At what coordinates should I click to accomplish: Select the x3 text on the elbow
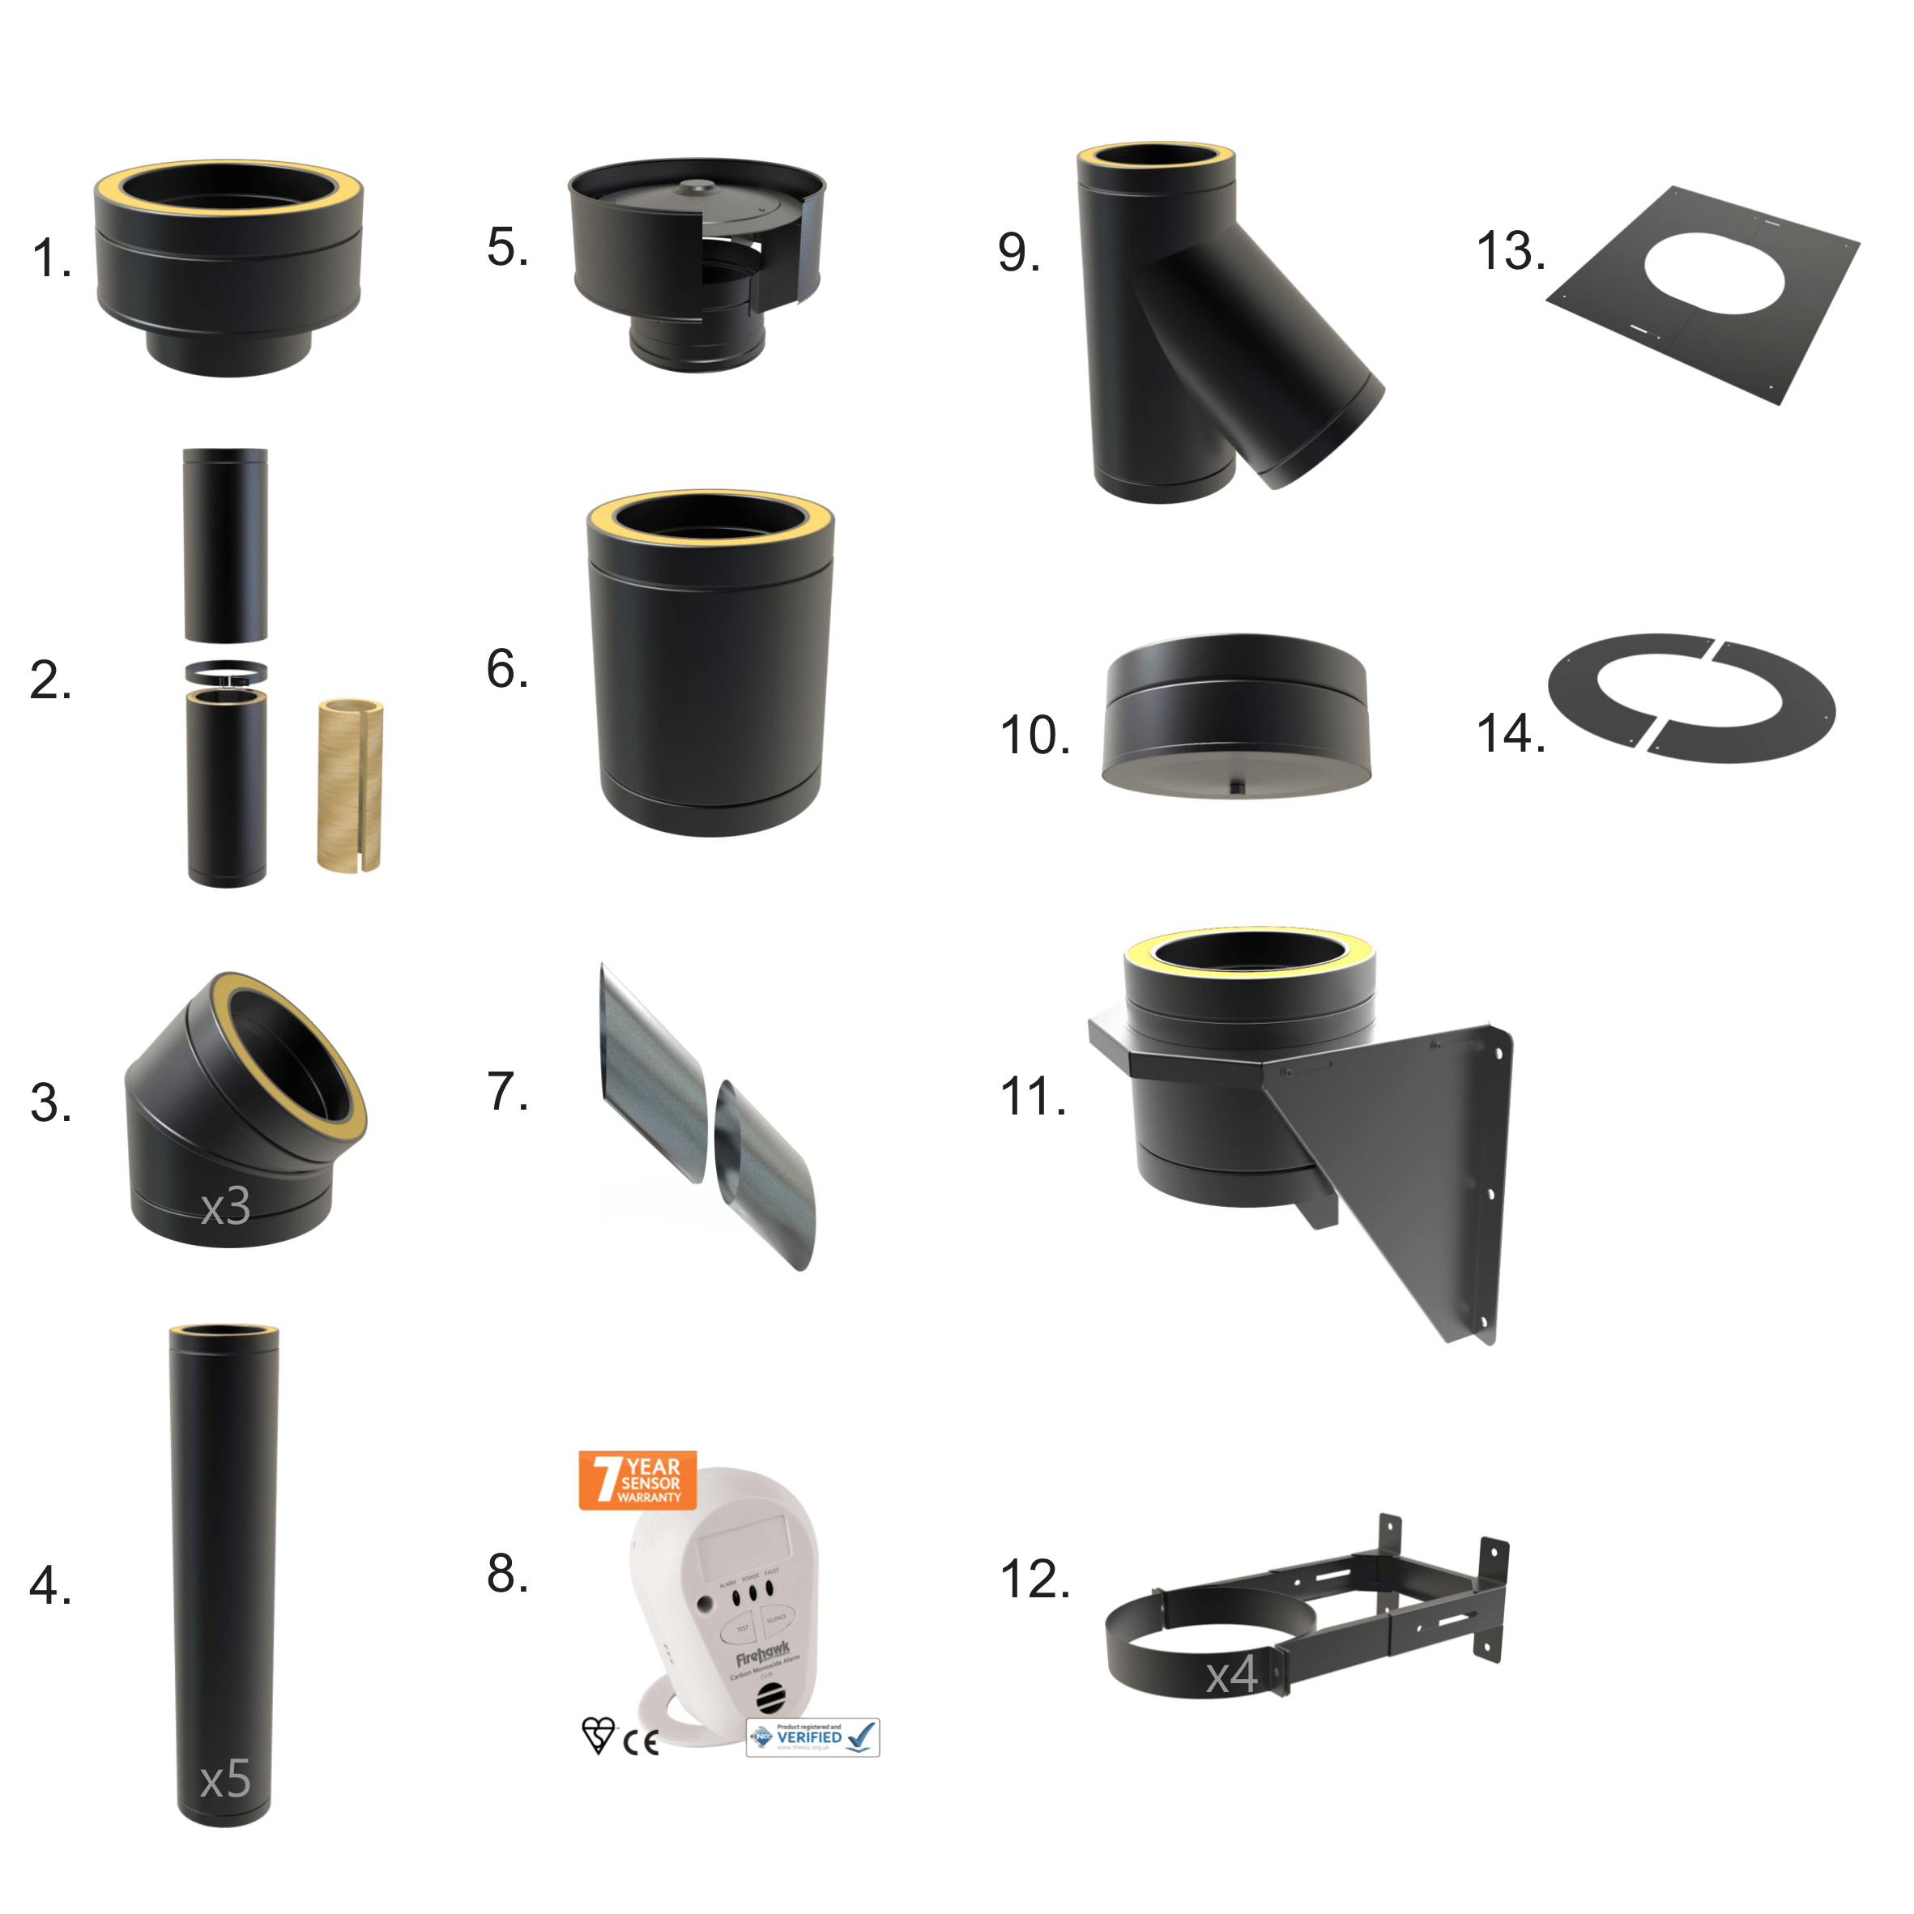click(225, 1205)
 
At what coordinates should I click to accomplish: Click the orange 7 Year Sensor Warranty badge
click(637, 1480)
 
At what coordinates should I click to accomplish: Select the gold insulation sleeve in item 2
click(350, 786)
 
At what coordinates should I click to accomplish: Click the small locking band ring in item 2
click(226, 672)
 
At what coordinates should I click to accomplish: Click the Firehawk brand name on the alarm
click(762, 1656)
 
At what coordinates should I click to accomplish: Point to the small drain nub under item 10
click(1236, 786)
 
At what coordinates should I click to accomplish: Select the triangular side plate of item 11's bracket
click(1407, 1169)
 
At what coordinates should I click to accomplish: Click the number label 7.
click(507, 1092)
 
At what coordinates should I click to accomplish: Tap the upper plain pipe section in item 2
click(226, 545)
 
